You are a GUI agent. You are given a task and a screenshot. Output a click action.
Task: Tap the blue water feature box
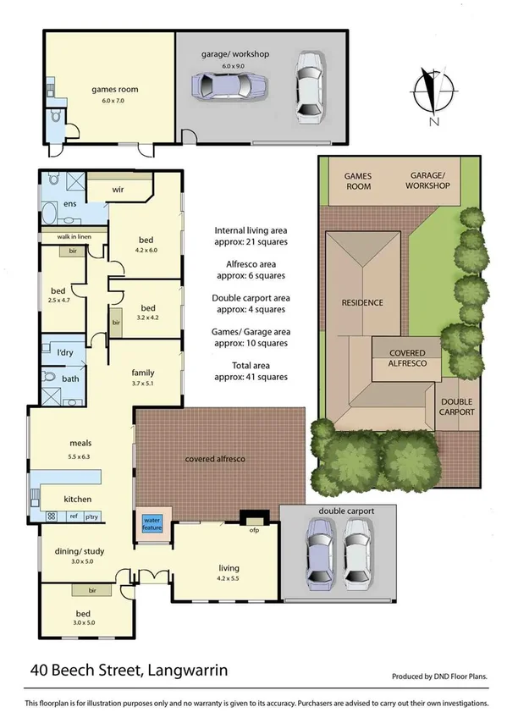coord(152,524)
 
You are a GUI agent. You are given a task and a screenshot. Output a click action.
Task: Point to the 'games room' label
coord(114,89)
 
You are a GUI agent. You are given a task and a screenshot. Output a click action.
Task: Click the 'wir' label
coord(118,191)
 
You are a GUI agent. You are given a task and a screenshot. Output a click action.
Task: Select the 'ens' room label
coord(59,206)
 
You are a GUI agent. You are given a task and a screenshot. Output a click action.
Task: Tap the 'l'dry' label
coord(63,351)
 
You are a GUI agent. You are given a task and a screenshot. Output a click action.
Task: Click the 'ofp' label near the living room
coord(252,532)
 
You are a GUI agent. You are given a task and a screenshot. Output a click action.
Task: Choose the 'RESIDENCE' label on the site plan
coord(362,302)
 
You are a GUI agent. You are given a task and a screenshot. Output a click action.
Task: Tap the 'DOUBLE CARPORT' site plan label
coord(457,406)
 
